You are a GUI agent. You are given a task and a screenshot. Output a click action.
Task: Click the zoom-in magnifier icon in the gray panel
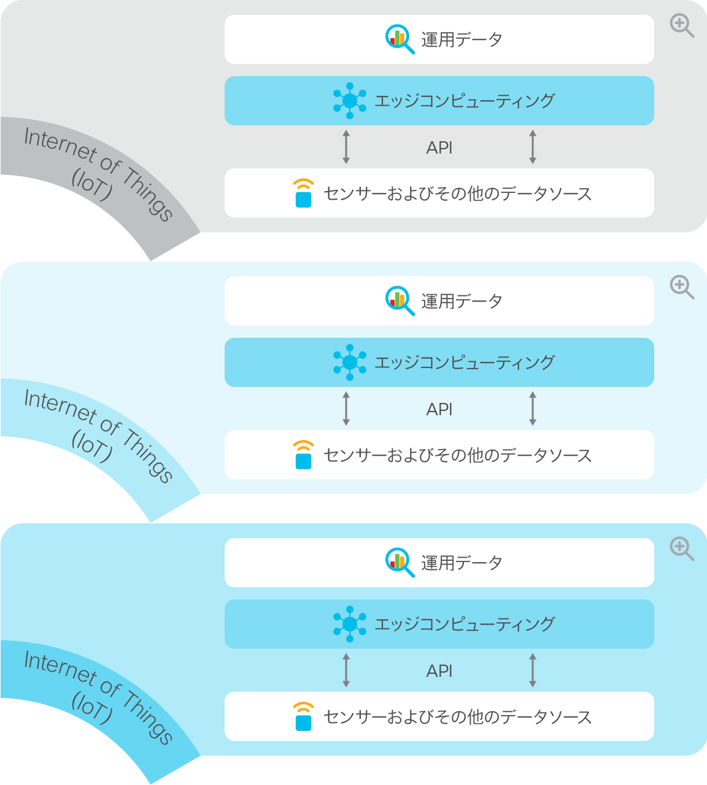(682, 25)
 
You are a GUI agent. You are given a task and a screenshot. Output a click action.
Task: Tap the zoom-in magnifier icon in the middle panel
(682, 287)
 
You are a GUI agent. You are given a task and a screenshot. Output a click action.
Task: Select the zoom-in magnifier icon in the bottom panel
(682, 549)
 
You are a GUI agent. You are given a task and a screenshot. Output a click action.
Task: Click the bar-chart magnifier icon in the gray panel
(400, 39)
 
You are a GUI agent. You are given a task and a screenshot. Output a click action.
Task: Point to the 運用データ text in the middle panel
(462, 302)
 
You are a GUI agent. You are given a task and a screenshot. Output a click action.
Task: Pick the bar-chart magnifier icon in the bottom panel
(400, 562)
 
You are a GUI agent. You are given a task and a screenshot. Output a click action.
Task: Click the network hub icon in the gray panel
(350, 101)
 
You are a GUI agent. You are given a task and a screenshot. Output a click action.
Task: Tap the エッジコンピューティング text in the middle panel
(464, 362)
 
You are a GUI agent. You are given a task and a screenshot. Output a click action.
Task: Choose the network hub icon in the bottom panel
(350, 624)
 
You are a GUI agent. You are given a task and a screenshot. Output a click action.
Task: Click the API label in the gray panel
(439, 147)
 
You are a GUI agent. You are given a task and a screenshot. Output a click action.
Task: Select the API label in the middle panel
(439, 409)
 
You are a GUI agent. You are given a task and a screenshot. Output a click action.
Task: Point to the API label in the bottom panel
(439, 671)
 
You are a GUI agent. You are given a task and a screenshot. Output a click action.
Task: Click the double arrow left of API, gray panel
(346, 147)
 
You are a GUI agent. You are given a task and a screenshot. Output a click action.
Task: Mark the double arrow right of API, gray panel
(533, 147)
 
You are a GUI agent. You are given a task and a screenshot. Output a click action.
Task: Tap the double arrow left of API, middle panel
(346, 408)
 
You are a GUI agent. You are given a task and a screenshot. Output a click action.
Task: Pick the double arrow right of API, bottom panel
(533, 670)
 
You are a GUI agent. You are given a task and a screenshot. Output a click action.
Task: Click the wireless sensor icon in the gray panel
(303, 193)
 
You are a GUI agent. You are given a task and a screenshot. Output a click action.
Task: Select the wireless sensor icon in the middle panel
(303, 455)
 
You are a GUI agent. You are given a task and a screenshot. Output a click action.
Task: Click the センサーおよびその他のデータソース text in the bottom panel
(457, 717)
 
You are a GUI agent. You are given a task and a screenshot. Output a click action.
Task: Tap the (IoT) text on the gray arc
(92, 184)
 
